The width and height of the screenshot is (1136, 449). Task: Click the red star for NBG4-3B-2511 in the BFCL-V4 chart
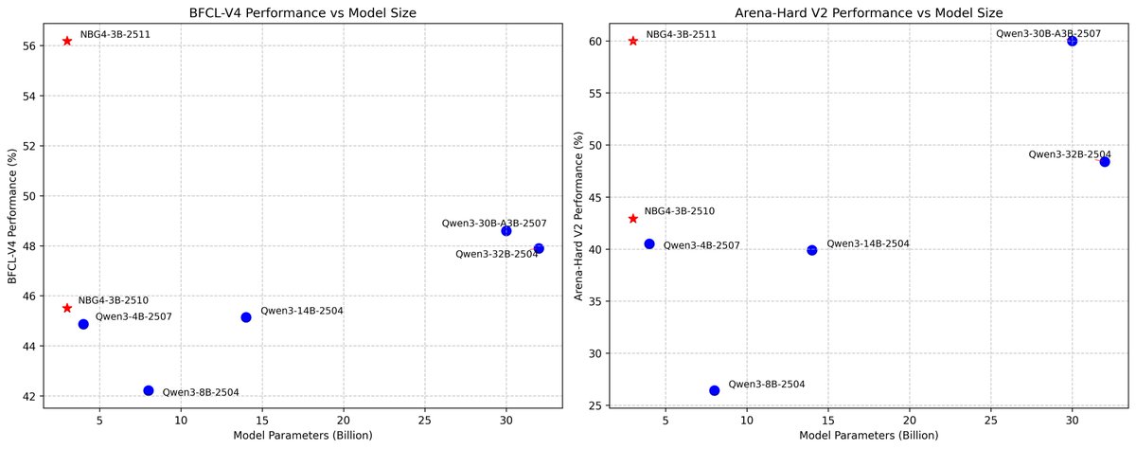[67, 41]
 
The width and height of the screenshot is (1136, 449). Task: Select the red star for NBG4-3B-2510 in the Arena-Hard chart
[633, 219]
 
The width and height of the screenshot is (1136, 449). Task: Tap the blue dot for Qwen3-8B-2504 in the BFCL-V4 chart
[149, 390]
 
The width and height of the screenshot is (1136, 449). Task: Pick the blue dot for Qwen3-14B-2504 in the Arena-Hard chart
[812, 250]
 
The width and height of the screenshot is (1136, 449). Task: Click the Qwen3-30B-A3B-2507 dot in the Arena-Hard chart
[1072, 41]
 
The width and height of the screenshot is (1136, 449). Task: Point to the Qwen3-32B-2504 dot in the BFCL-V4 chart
[539, 248]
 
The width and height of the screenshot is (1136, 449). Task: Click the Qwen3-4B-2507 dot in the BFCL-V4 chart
[83, 324]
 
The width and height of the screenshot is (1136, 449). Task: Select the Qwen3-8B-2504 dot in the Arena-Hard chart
[715, 390]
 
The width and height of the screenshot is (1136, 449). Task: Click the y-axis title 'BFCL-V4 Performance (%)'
[12, 215]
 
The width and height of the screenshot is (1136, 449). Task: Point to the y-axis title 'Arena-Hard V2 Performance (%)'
[578, 215]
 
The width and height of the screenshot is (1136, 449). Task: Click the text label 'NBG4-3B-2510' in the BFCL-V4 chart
[113, 299]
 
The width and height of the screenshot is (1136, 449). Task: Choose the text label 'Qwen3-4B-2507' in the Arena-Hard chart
[701, 245]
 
